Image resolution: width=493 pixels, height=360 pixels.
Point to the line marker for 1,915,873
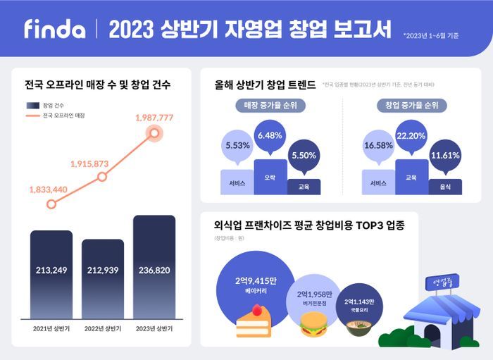click(102, 176)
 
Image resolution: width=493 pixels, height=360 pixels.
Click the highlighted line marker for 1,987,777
click(154, 133)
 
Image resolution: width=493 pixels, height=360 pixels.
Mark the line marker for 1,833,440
click(51, 204)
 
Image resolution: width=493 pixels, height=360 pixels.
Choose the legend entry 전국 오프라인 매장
click(63, 115)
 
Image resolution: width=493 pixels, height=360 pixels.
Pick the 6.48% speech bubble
click(270, 137)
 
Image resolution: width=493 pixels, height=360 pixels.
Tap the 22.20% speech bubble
click(412, 137)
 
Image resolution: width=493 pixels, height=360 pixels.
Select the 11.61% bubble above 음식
click(445, 156)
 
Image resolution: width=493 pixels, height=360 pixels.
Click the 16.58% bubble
click(379, 146)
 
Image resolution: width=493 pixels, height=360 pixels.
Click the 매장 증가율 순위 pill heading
click(270, 106)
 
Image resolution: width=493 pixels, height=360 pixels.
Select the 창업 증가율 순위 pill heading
click(412, 106)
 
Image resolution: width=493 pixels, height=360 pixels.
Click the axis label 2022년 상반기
click(103, 328)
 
